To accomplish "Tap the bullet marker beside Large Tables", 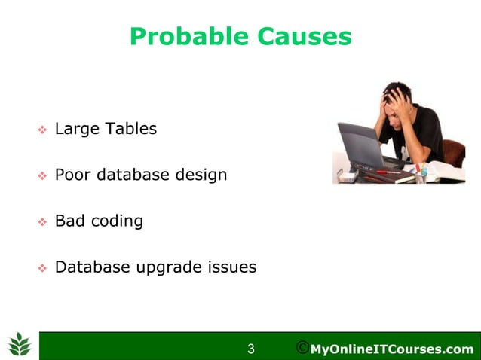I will pos(42,130).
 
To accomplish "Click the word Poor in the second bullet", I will pos(72,175).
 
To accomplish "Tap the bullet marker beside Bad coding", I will pos(42,223).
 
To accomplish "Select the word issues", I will pos(234,267).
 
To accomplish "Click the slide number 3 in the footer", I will pos(251,349).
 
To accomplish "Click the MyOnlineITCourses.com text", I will pos(392,349).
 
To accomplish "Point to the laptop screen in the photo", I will pos(359,142).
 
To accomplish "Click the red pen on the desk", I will pos(388,172).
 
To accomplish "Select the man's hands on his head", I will pos(398,98).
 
